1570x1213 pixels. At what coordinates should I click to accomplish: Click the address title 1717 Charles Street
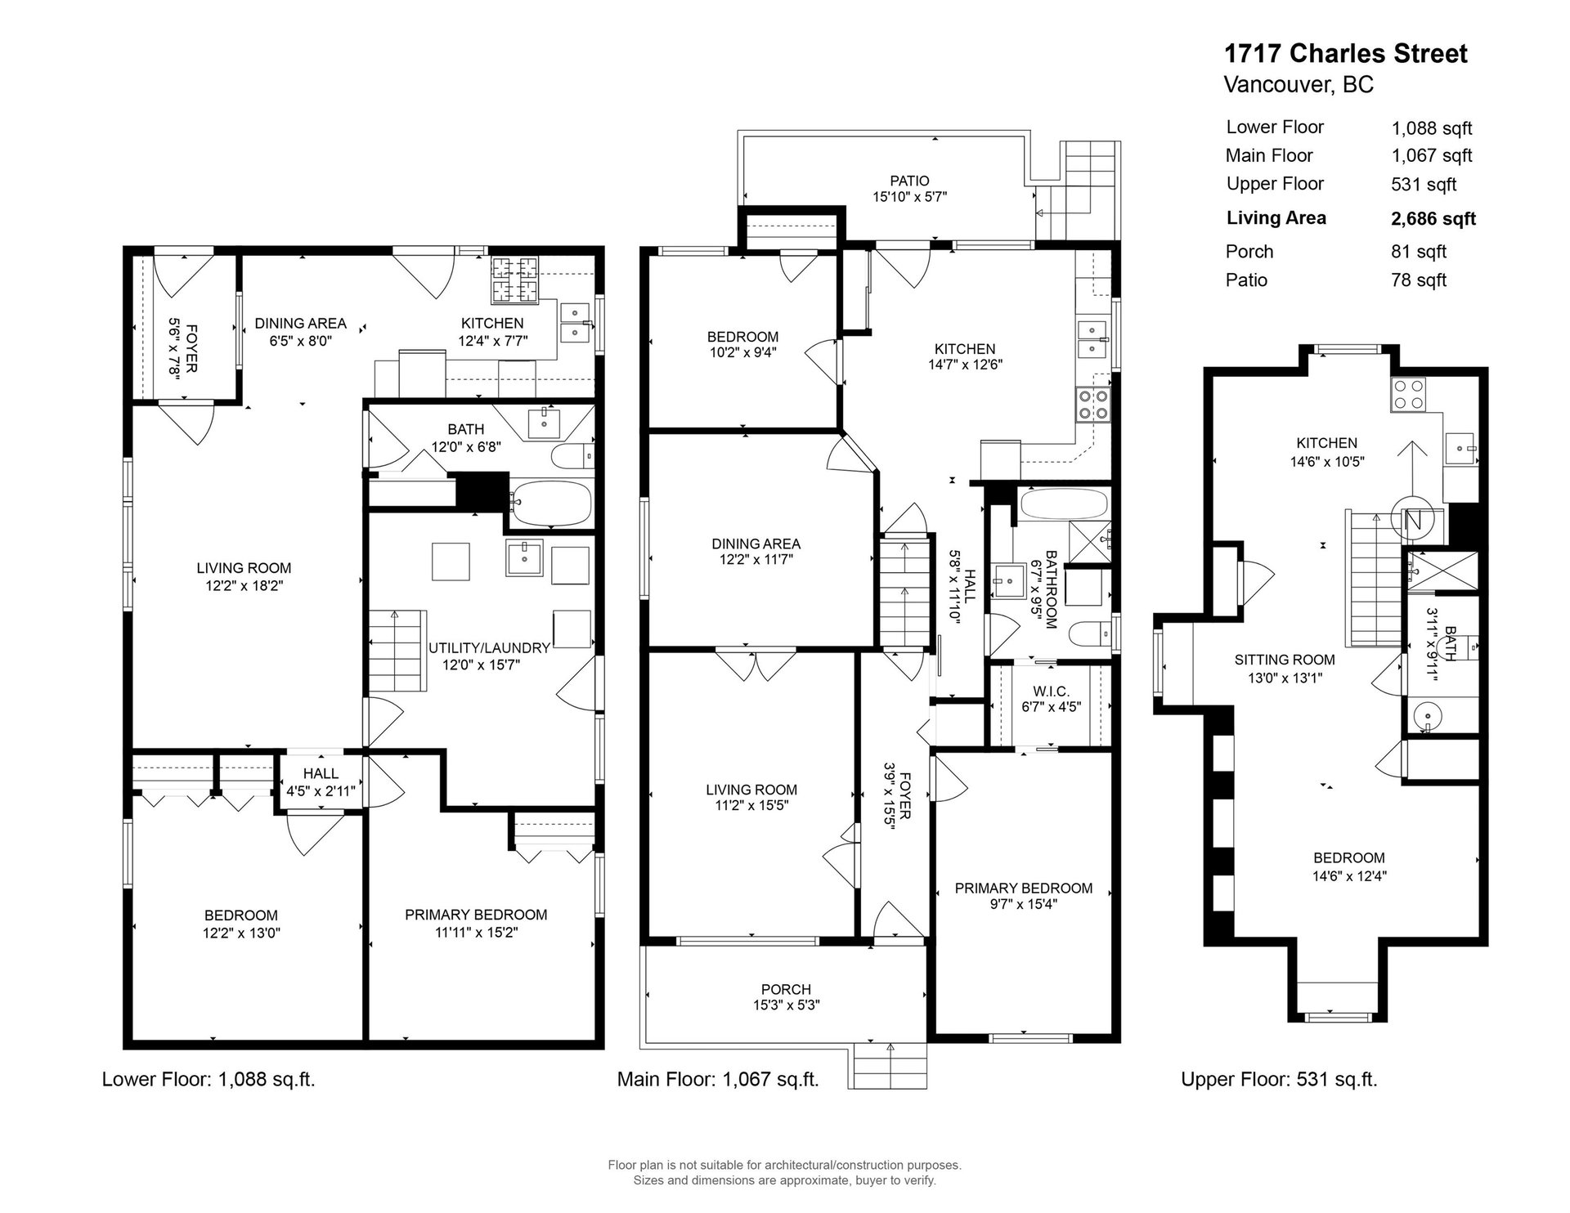click(1345, 54)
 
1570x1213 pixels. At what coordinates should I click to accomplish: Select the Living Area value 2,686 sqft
click(1433, 219)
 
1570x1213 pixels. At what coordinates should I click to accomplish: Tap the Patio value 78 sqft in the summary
click(1419, 280)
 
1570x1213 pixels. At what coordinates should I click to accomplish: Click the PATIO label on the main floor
click(909, 181)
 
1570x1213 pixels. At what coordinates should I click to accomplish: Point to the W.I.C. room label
click(1051, 692)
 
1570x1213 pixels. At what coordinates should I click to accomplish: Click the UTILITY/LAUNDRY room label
click(489, 648)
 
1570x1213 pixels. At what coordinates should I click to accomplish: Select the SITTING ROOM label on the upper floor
click(1285, 660)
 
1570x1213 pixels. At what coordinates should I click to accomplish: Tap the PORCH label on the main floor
click(786, 990)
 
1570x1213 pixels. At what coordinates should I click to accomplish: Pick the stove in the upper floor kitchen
click(1408, 396)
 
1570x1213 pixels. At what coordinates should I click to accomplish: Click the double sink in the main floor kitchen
click(1094, 340)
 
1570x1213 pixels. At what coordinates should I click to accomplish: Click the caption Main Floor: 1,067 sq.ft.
click(718, 1080)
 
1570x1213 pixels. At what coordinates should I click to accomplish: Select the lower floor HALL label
click(321, 773)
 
